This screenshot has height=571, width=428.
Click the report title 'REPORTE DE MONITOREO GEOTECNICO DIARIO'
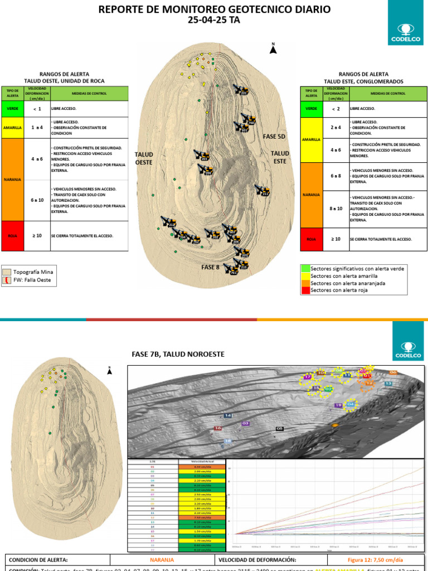(x=214, y=9)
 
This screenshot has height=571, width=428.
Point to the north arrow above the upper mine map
(x=273, y=49)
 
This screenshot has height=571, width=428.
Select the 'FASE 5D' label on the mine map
(x=274, y=137)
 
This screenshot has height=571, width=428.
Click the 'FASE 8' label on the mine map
(x=210, y=268)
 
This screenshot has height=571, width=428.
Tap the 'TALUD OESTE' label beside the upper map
(x=144, y=158)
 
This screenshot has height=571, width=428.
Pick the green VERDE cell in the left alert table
(x=12, y=108)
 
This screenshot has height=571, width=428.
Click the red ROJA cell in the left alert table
(x=12, y=236)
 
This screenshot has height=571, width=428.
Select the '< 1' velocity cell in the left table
(x=37, y=108)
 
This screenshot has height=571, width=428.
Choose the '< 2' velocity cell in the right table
(x=335, y=108)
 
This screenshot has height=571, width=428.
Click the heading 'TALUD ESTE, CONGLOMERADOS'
(x=363, y=81)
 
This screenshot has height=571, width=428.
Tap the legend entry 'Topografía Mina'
(x=32, y=272)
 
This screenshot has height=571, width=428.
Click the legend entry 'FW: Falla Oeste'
(x=32, y=280)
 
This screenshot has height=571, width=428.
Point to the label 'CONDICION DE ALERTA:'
(x=38, y=560)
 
